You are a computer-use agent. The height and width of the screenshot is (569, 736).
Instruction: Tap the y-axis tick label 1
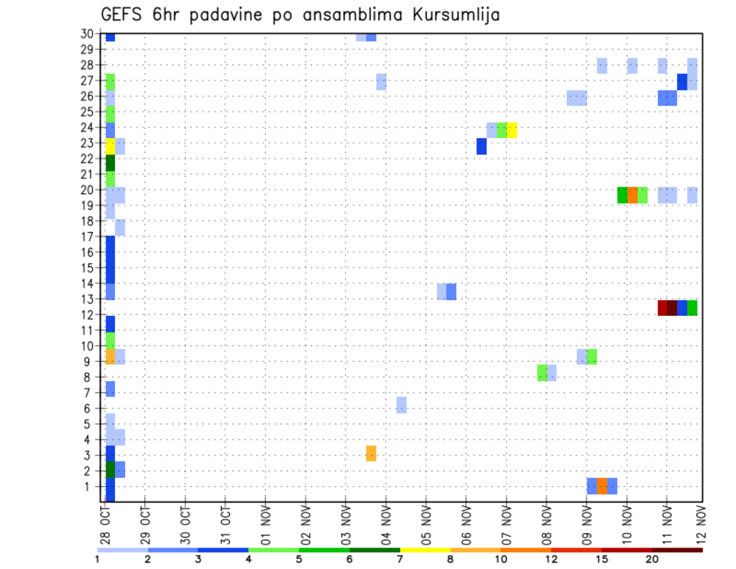(x=90, y=486)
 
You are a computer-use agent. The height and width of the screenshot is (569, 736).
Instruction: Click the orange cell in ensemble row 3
(x=371, y=453)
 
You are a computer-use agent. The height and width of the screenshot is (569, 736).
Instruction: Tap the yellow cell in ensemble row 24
(x=511, y=130)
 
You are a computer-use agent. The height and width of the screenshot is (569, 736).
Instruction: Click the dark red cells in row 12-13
(x=667, y=308)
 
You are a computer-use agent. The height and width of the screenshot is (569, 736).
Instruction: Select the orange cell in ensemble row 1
(x=602, y=486)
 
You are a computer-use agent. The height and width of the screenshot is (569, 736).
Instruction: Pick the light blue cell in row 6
(x=401, y=405)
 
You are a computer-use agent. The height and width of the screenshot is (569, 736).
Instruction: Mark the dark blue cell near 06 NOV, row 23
(x=481, y=146)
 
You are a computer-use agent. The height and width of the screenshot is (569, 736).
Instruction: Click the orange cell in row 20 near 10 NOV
(x=632, y=196)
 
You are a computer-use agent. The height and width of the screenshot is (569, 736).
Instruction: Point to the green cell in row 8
(x=542, y=373)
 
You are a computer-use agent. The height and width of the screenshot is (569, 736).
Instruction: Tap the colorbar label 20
(x=652, y=559)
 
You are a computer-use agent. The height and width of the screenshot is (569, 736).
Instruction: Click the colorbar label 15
(x=601, y=559)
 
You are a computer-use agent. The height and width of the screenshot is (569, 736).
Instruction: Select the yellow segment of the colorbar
(x=425, y=550)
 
